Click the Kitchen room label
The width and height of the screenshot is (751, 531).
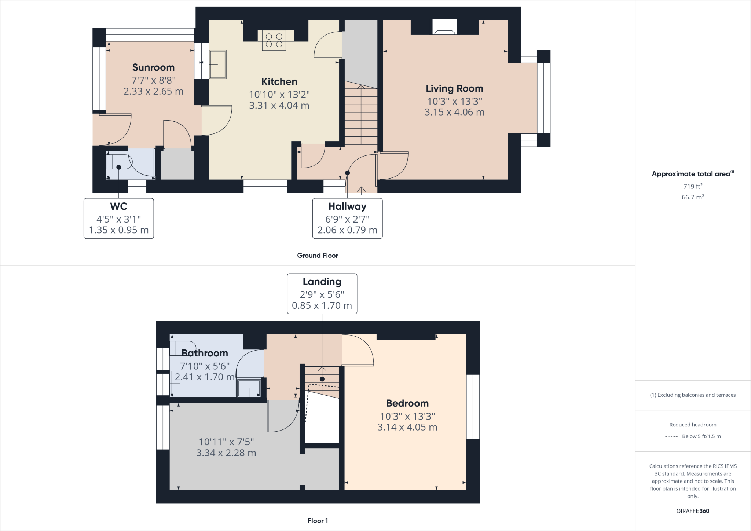tap(279, 81)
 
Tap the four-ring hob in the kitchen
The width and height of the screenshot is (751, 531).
tap(274, 41)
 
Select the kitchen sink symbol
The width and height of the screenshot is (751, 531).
tap(217, 65)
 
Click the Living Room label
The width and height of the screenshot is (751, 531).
tap(454, 88)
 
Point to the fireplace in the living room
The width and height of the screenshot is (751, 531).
tap(444, 28)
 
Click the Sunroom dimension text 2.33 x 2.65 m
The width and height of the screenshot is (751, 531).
tap(153, 91)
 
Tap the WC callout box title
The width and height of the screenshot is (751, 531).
tap(118, 206)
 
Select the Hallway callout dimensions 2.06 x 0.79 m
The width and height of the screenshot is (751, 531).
tap(347, 230)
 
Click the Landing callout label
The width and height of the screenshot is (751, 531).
tap(322, 282)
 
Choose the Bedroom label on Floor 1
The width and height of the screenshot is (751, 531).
tap(407, 403)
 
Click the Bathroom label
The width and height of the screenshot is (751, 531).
tap(205, 353)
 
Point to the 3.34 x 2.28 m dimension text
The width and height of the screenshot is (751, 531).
tap(226, 453)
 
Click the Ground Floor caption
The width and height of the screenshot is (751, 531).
tap(318, 256)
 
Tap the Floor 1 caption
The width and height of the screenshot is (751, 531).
tap(318, 521)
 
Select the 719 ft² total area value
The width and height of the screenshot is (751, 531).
tap(692, 186)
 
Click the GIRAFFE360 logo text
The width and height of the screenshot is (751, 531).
tap(692, 511)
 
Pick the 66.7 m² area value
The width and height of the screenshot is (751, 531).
tap(692, 197)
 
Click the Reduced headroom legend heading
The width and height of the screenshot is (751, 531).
tap(692, 425)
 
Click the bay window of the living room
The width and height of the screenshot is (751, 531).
tap(543, 98)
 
